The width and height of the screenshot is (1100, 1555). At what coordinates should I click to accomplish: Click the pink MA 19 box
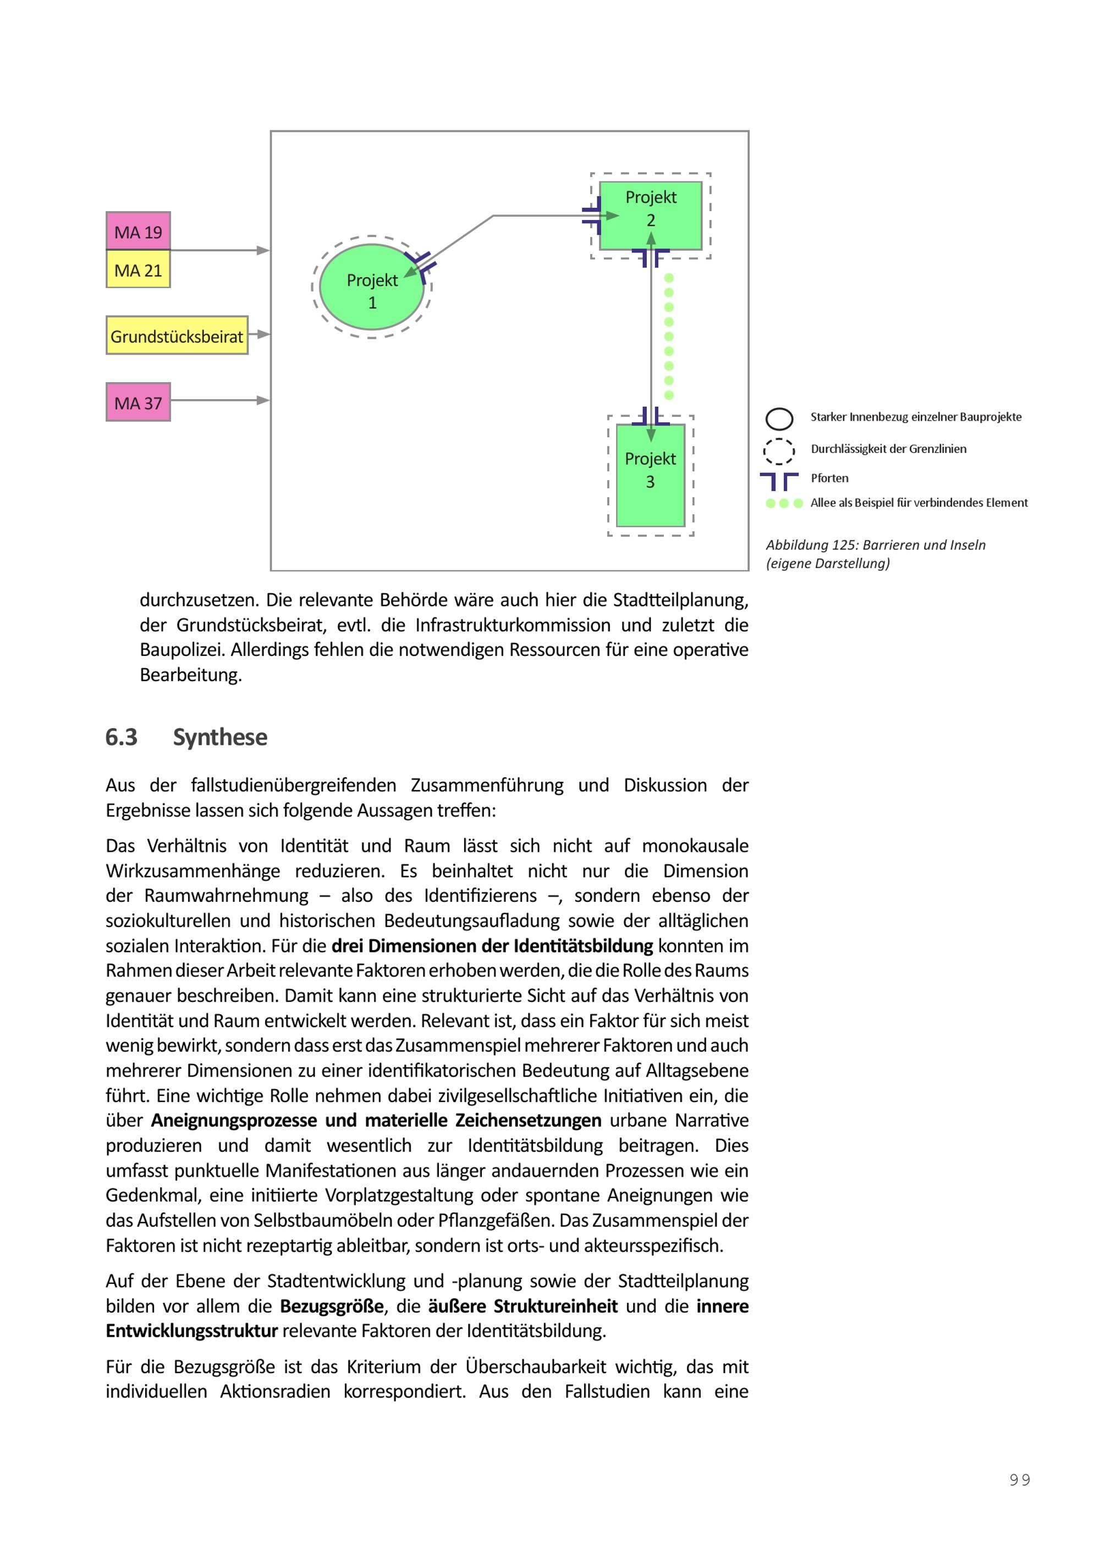point(138,231)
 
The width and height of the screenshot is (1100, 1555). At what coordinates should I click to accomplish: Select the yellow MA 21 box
point(138,269)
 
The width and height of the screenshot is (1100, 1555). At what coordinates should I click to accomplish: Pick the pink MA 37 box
point(138,402)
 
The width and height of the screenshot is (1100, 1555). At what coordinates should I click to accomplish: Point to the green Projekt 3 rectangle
point(650,476)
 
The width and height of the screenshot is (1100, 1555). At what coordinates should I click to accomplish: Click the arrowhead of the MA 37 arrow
point(263,400)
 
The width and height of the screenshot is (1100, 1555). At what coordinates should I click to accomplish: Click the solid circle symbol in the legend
point(779,418)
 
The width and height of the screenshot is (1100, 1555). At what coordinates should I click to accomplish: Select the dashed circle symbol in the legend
point(779,450)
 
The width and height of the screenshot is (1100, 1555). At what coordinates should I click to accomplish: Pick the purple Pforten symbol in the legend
point(779,481)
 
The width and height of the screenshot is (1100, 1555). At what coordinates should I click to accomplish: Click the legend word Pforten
point(829,478)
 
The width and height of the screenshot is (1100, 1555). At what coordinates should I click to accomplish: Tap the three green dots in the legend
point(784,503)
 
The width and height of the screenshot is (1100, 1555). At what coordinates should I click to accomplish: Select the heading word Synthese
point(220,737)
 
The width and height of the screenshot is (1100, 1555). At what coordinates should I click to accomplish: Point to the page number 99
point(1019,1480)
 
